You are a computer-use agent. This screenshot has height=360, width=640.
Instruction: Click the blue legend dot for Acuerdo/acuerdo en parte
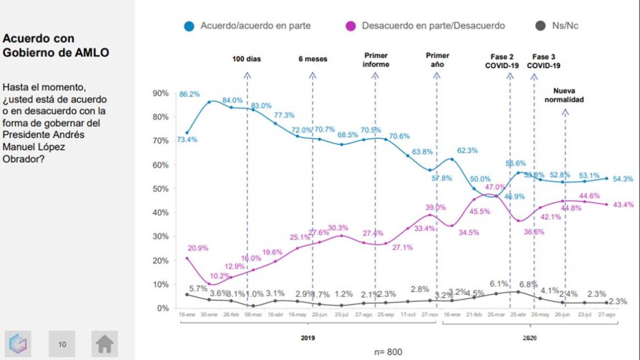pos(189,26)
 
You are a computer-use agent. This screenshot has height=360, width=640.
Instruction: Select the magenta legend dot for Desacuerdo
pos(351,26)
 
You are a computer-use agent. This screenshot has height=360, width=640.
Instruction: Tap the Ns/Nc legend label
pos(565,26)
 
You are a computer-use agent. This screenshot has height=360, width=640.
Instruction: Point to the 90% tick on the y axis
pos(160,93)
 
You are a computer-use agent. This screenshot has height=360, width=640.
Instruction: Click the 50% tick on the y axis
pos(160,189)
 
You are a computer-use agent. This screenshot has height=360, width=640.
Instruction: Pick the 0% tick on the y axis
pos(162,308)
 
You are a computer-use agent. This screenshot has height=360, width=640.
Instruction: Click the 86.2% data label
pos(189,94)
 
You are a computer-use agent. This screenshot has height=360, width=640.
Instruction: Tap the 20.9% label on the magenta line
pos(198,248)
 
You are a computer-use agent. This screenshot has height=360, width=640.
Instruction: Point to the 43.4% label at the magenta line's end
pos(623,204)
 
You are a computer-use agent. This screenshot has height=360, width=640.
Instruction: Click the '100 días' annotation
pos(247,59)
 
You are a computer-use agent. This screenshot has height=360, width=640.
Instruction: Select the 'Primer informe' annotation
pos(376,60)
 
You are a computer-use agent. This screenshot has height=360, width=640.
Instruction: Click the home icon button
pos(104,344)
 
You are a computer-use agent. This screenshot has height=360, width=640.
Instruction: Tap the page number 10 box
pos(62,344)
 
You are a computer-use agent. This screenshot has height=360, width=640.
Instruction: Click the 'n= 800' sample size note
pos(387,352)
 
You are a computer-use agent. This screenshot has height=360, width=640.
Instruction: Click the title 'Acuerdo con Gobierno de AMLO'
pos(56,46)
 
